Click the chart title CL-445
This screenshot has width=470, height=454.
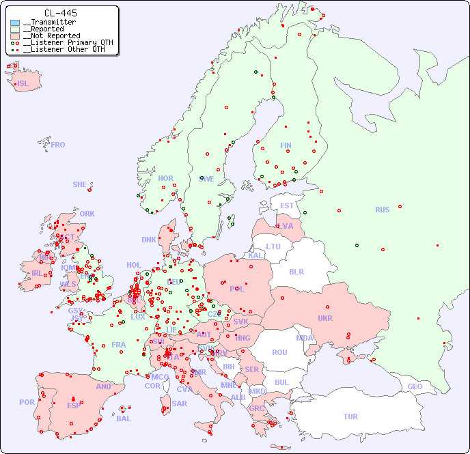pyautogui.click(x=60, y=13)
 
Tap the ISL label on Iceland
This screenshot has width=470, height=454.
pyautogui.click(x=23, y=84)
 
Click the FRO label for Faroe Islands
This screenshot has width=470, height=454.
pyautogui.click(x=58, y=145)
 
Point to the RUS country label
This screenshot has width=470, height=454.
pyautogui.click(x=382, y=210)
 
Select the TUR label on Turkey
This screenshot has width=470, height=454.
pyautogui.click(x=350, y=416)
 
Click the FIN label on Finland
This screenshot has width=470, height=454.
pyautogui.click(x=286, y=145)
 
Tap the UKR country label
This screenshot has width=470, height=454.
pyautogui.click(x=324, y=318)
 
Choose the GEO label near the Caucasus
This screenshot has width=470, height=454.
pyautogui.click(x=415, y=386)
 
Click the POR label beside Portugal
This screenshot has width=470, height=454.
pyautogui.click(x=27, y=402)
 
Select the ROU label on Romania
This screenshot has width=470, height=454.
pyautogui.click(x=279, y=352)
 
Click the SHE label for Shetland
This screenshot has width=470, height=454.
pyautogui.click(x=80, y=184)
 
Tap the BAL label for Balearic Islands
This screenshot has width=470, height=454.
pyautogui.click(x=124, y=418)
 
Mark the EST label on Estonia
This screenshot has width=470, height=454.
pyautogui.click(x=287, y=205)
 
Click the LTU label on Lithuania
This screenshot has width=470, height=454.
pyautogui.click(x=273, y=246)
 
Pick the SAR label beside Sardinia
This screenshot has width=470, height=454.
pyautogui.click(x=180, y=403)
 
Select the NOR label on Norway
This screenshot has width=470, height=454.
pyautogui.click(x=165, y=178)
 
